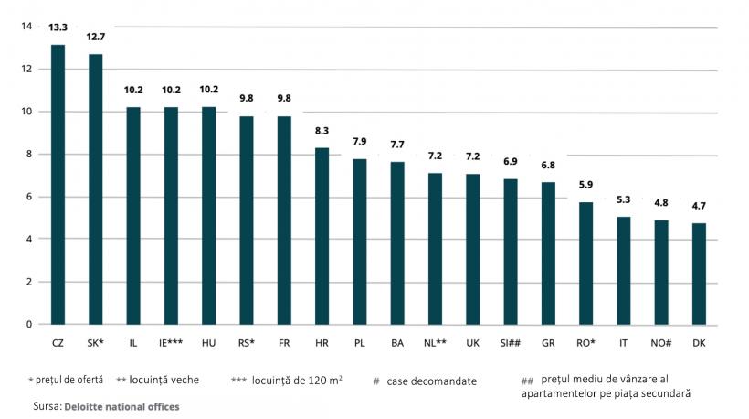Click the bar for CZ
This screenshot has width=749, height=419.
click(x=58, y=184)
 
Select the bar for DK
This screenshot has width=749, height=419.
click(x=699, y=274)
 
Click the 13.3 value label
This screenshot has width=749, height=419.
click(x=58, y=28)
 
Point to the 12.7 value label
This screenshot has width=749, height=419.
click(x=96, y=38)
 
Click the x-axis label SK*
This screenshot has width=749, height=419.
click(x=96, y=342)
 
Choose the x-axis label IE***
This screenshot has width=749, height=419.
click(x=171, y=342)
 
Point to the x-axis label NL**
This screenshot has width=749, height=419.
click(x=435, y=342)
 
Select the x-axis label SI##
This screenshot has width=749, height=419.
click(x=511, y=342)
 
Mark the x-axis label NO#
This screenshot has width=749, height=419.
click(x=661, y=342)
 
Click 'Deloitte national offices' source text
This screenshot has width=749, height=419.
click(x=121, y=405)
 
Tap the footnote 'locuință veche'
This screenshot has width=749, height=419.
click(x=164, y=380)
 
